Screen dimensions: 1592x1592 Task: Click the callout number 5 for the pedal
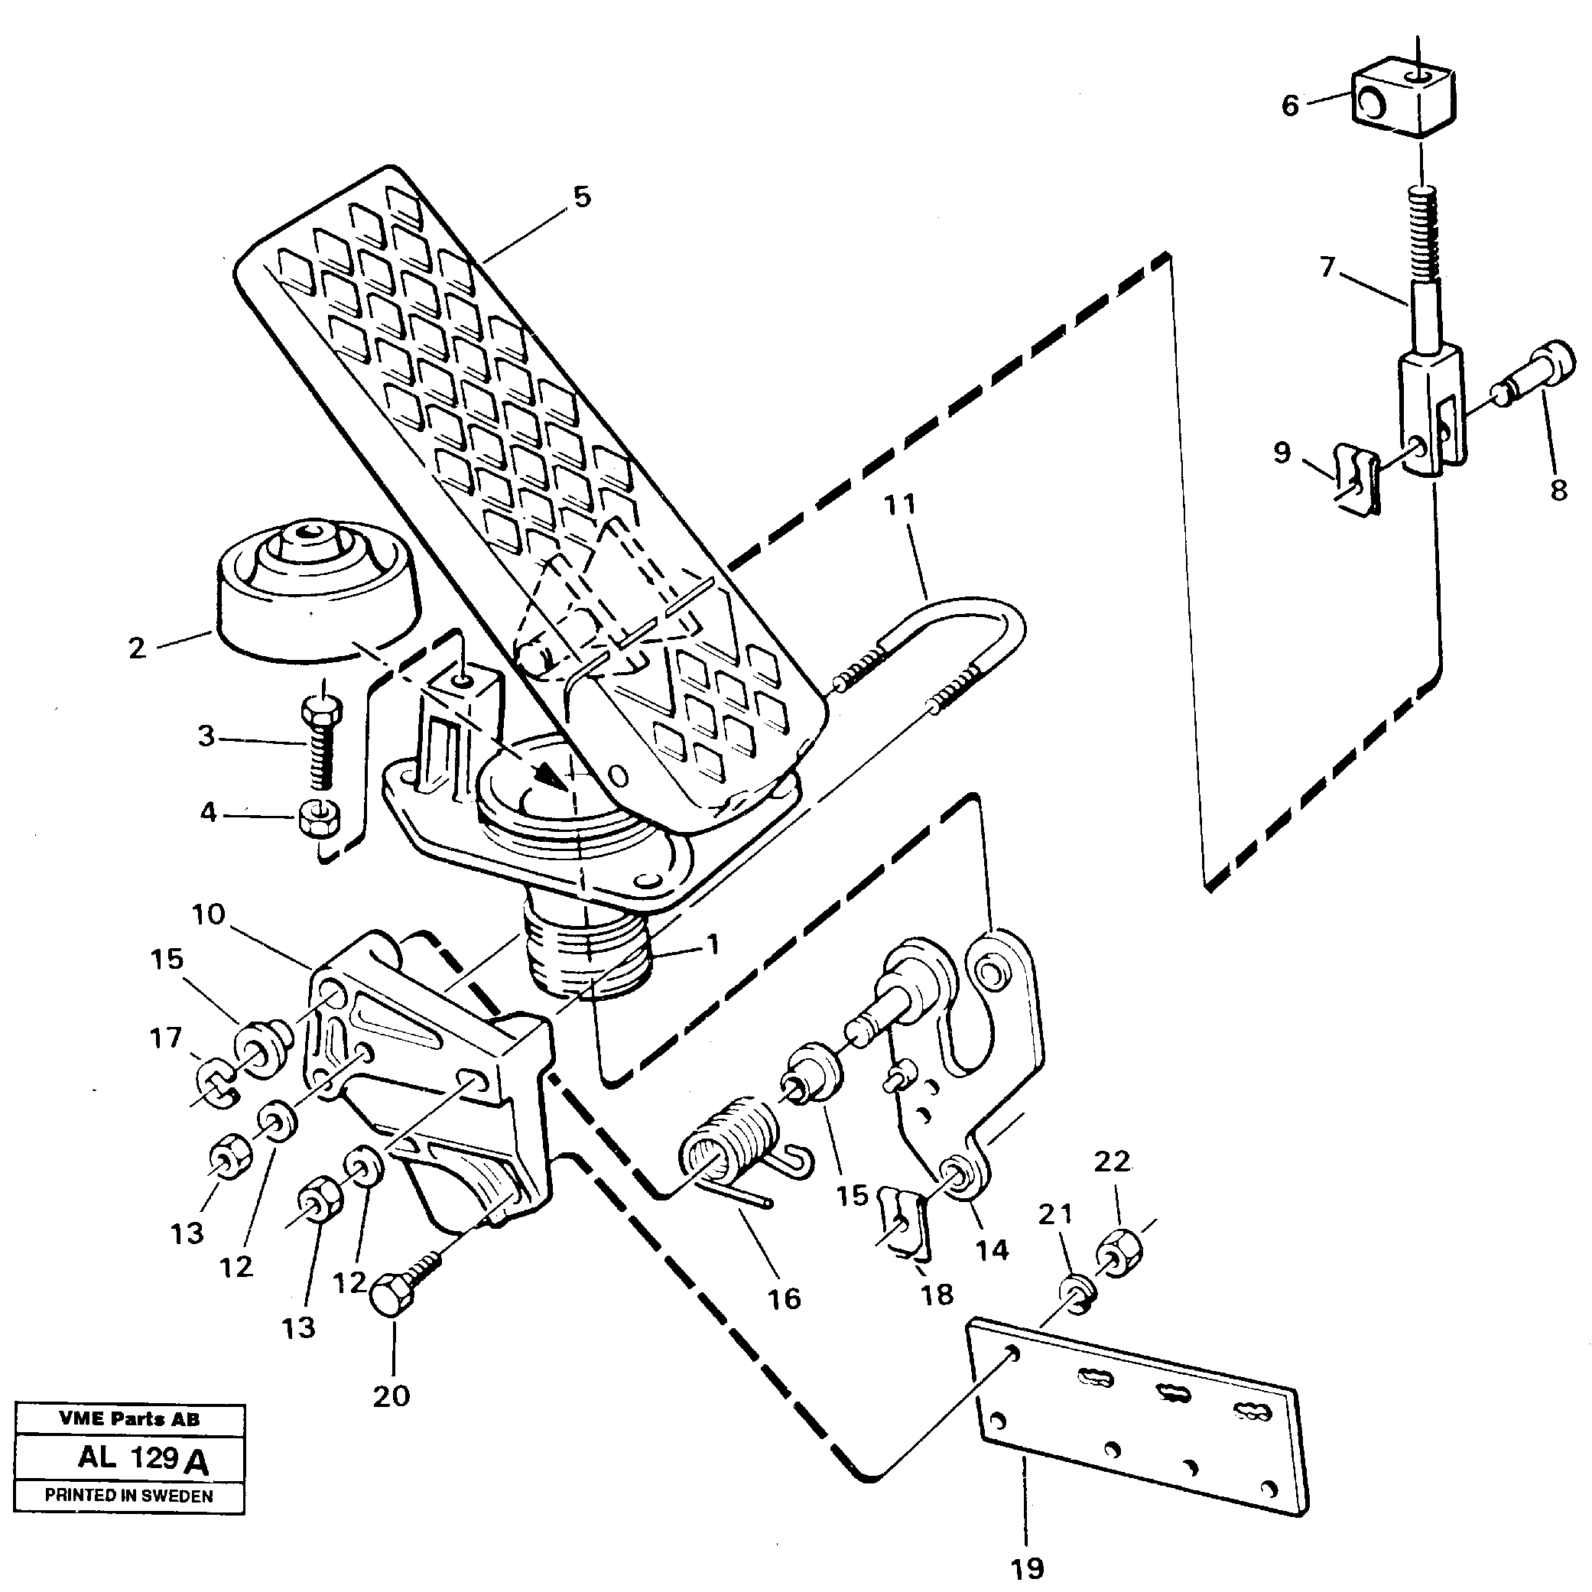(582, 198)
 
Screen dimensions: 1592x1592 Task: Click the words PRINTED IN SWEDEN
(128, 1496)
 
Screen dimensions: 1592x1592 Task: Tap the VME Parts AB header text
(128, 1419)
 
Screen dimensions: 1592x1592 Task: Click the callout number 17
(166, 1038)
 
